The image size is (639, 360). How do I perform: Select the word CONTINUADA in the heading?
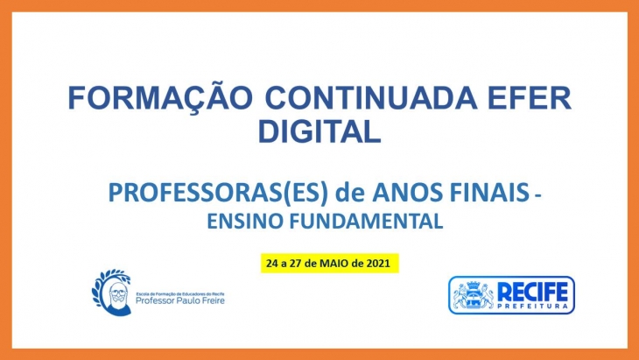point(371,97)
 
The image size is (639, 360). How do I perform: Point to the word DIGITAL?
point(319,131)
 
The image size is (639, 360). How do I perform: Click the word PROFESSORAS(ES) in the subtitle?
point(218,193)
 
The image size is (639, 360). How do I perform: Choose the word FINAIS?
point(489,193)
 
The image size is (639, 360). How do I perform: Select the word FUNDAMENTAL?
point(366,221)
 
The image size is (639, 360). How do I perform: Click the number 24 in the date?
point(271,264)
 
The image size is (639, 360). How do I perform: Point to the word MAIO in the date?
point(334,264)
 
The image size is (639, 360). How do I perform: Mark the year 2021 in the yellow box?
point(378,264)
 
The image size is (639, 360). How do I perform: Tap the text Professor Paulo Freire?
point(179,301)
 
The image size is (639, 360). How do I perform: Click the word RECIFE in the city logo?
point(532,292)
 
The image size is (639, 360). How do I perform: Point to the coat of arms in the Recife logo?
point(474,295)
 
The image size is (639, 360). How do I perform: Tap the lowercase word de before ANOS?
point(349,193)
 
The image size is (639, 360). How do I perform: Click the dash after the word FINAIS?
point(537,196)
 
